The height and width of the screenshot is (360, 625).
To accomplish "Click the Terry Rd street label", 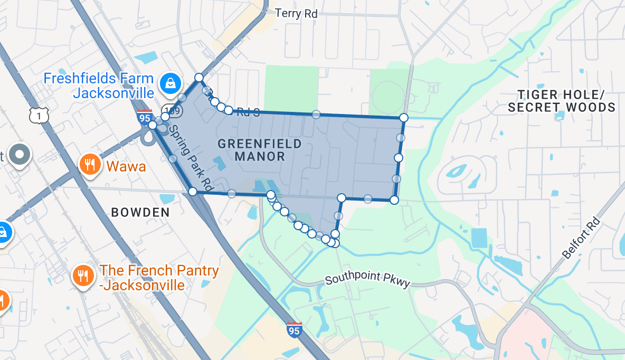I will click(x=296, y=13).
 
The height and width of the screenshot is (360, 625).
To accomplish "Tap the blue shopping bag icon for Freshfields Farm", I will click(x=171, y=83).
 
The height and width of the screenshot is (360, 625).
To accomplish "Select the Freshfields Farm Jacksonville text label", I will click(x=99, y=86).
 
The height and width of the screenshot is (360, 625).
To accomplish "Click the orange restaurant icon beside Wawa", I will click(x=90, y=165).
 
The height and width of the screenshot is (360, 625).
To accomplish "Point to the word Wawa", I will click(x=126, y=167).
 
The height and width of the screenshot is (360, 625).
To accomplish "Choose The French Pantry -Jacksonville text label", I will click(x=159, y=278).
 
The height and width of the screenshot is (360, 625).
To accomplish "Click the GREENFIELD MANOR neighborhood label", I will click(x=260, y=150).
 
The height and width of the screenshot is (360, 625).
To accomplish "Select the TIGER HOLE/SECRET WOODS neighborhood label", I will click(x=561, y=101).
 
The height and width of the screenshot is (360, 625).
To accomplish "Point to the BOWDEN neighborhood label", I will click(x=140, y=212).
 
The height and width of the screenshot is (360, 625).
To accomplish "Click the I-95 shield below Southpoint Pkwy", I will click(x=295, y=329).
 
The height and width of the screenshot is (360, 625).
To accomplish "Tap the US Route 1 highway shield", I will click(x=40, y=115).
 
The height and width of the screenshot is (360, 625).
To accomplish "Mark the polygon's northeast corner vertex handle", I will click(x=404, y=117).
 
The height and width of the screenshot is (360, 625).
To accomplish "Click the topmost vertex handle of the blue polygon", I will click(x=199, y=78).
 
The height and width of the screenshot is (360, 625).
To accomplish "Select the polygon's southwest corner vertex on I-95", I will click(x=193, y=192).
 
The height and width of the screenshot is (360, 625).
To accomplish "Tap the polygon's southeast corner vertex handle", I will click(x=394, y=200).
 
